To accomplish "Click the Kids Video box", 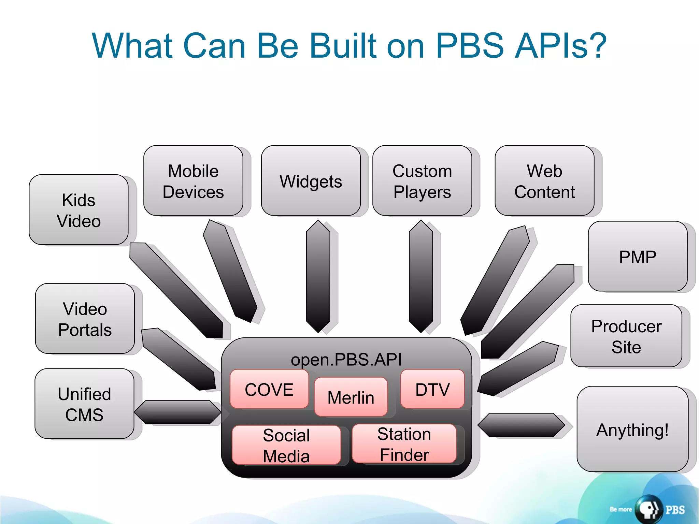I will tap(79, 210).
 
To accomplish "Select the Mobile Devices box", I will tap(193, 181).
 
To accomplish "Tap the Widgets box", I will tap(311, 181).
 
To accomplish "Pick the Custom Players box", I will tap(422, 181).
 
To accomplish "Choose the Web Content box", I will tap(544, 181).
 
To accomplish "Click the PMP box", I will tap(638, 257).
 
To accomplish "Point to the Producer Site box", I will tap(626, 336).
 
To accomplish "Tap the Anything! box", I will tap(632, 429).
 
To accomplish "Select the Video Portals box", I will tap(85, 319).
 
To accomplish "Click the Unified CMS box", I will tap(84, 404).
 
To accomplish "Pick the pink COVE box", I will tap(269, 389).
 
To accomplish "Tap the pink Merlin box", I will tap(351, 397).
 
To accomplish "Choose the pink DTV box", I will tap(432, 389).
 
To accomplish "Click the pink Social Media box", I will tap(286, 445).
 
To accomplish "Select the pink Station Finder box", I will tap(404, 444).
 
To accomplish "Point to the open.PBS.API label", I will tap(346, 359).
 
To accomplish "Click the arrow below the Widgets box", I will tap(318, 276).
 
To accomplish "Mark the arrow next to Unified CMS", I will tap(177, 412).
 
